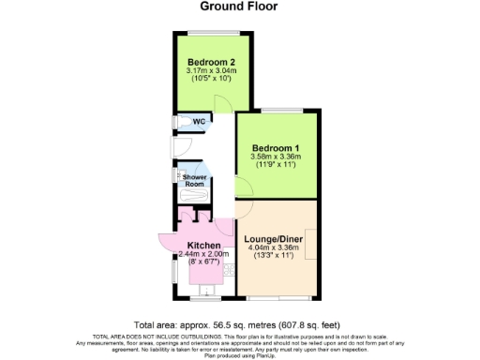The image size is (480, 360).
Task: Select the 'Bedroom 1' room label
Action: tap(275, 147)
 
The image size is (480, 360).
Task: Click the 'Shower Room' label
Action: tap(194, 180)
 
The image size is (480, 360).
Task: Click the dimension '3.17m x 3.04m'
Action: tap(210, 70)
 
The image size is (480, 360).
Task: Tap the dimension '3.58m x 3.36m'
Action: tap(275, 157)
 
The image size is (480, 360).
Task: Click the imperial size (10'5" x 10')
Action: tap(210, 79)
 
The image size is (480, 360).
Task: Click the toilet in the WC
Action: tap(182, 121)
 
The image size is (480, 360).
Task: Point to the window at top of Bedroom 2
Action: tap(210, 33)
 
